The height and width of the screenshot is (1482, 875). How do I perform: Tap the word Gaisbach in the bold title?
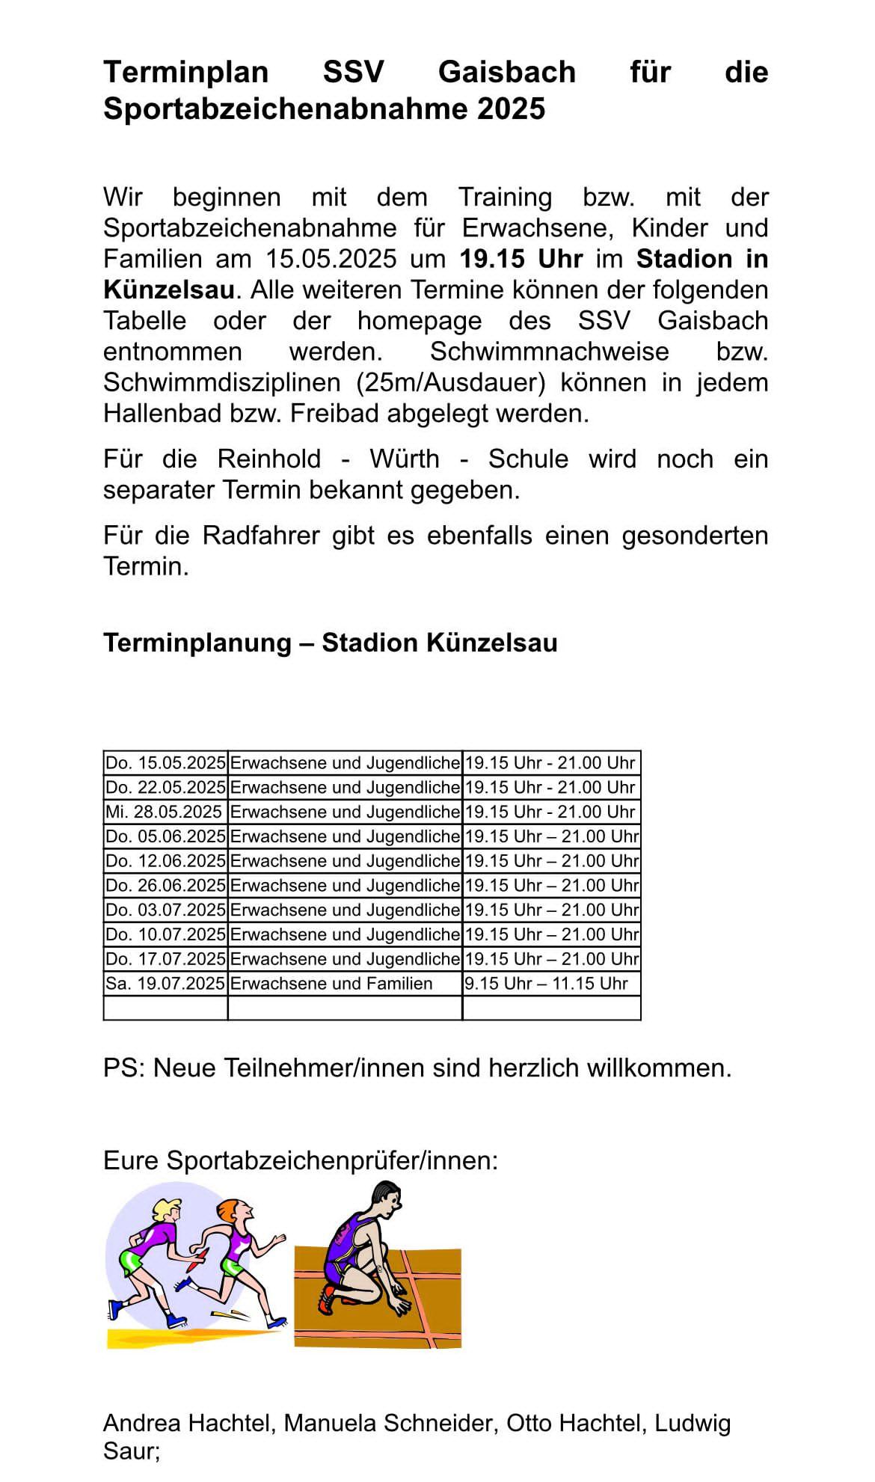506,72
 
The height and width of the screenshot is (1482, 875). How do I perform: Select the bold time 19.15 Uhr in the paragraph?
521,259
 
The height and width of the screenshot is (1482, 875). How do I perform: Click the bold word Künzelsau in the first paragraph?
168,290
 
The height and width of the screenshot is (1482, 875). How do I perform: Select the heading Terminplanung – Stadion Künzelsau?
330,643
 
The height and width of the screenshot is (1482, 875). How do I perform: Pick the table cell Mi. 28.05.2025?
164,812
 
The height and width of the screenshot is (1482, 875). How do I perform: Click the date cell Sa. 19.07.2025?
165,984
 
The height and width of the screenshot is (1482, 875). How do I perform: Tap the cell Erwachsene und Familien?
331,984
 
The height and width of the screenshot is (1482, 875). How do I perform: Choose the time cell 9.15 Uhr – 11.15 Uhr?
546,984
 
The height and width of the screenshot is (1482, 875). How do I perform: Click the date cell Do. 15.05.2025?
165,763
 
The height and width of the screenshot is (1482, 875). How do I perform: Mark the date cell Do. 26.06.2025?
165,886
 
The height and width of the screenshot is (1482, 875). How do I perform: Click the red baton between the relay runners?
194,1264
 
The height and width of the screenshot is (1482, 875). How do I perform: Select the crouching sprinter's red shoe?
327,1299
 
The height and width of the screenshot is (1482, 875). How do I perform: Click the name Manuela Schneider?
390,1423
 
